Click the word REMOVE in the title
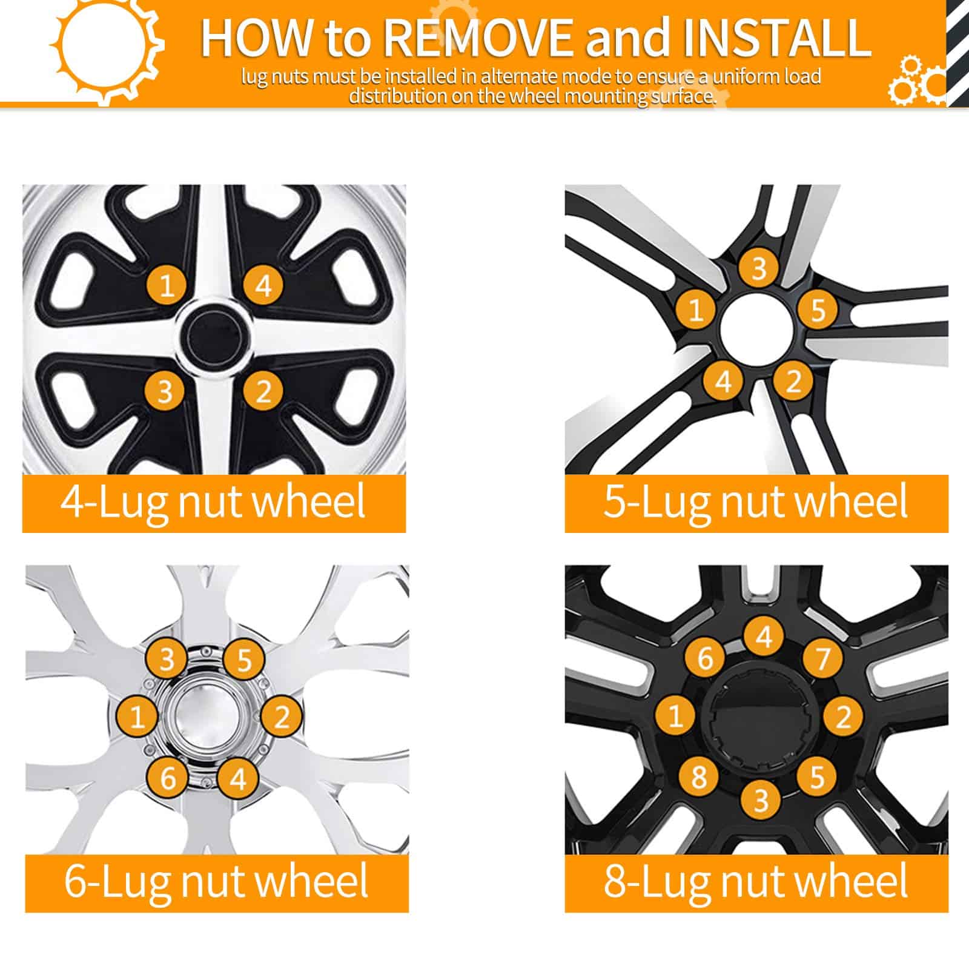[478, 38]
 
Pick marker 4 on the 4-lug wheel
[263, 284]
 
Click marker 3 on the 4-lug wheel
[165, 391]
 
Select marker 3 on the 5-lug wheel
[759, 268]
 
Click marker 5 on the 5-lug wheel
[818, 310]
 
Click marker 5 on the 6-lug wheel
[243, 660]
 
